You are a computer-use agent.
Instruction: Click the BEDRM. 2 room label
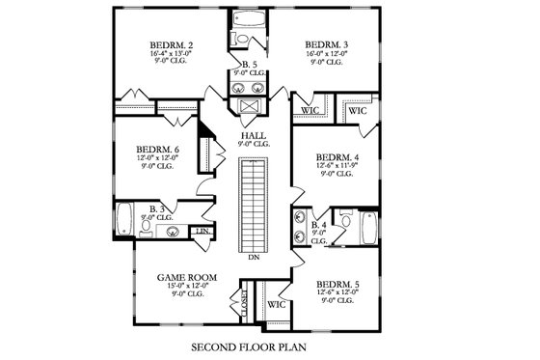pos(173,45)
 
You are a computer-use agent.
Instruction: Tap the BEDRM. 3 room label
pos(327,45)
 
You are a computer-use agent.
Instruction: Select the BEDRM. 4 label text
pos(338,156)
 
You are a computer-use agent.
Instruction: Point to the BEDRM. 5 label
pos(338,285)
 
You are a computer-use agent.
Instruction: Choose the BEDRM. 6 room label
pos(158,150)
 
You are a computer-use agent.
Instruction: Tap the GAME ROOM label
pos(186,277)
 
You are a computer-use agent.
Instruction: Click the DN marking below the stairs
pos(254,258)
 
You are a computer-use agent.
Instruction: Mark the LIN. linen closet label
pos(202,232)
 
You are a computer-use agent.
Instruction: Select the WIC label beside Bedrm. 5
pos(277,305)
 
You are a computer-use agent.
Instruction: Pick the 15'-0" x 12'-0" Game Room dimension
pos(186,286)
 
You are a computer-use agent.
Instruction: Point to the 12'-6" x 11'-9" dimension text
pos(338,165)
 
